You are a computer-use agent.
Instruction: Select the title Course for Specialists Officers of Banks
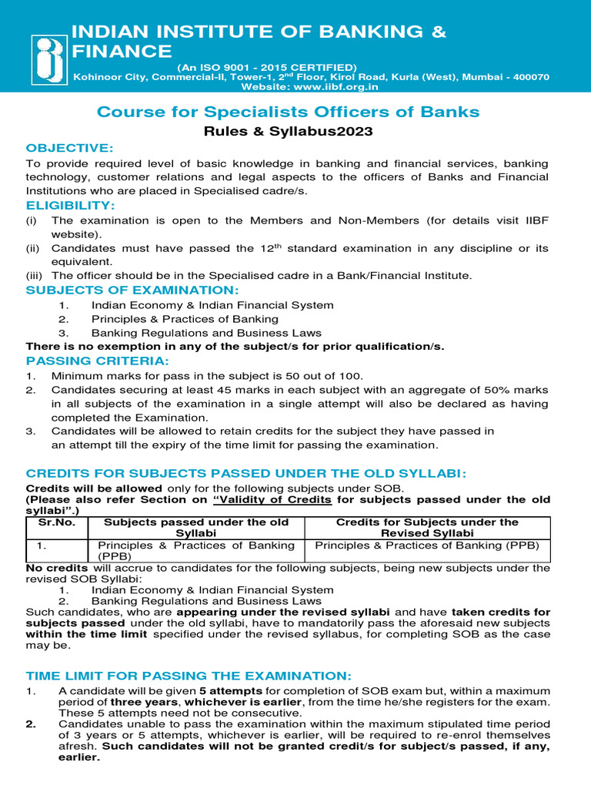click(x=288, y=112)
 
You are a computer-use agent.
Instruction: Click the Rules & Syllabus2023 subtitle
click(x=288, y=132)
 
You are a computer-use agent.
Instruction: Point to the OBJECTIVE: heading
click(x=69, y=148)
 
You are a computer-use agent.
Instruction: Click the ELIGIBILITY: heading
click(x=70, y=206)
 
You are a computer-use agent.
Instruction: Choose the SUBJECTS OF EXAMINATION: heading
click(x=132, y=290)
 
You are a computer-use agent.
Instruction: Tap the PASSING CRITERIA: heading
click(x=97, y=361)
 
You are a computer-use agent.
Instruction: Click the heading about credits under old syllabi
click(x=246, y=473)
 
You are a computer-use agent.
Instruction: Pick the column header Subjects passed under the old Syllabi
click(x=196, y=528)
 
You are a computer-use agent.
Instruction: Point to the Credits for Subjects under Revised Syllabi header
click(x=427, y=528)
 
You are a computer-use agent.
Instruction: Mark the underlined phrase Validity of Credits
click(x=278, y=499)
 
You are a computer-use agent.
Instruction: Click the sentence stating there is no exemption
click(x=235, y=346)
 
